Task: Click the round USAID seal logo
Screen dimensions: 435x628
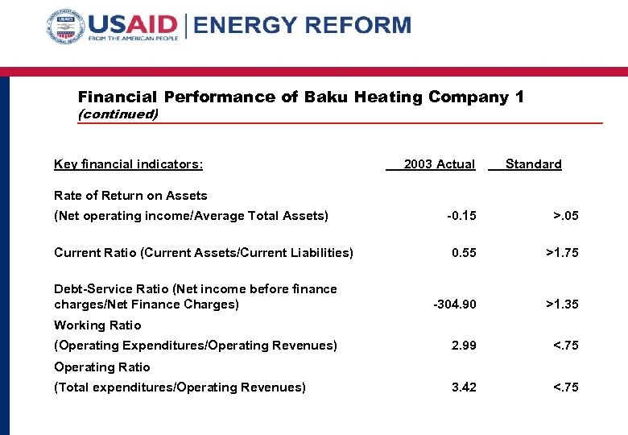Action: pos(66,27)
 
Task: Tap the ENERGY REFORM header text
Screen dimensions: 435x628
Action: pos(303,25)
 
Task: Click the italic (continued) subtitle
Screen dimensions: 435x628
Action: pos(118,114)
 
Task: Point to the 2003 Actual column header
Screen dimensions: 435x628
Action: pos(439,164)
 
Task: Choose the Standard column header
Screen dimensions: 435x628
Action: pos(533,164)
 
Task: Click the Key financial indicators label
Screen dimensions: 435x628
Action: pos(128,164)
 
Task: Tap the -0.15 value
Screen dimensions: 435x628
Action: pos(462,216)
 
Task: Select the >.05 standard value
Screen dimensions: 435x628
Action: pos(565,216)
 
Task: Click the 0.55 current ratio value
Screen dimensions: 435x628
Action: pos(464,253)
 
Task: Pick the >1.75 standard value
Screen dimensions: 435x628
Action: pos(562,253)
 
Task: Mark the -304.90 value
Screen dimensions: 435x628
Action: pos(455,304)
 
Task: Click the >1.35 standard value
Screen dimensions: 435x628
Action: pos(562,304)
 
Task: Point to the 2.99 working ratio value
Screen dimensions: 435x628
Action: pos(464,346)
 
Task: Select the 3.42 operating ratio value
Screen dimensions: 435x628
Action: pos(464,387)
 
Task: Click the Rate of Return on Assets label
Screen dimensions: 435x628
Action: pos(130,196)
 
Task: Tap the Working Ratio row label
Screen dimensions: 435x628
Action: pos(97,325)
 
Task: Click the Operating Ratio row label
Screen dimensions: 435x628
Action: pos(101,367)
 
